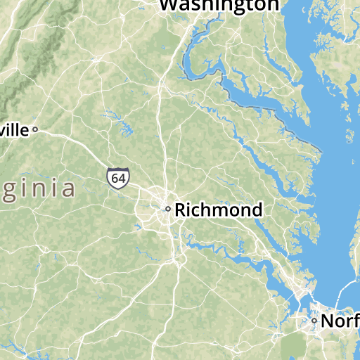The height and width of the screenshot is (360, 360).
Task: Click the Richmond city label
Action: tap(218, 210)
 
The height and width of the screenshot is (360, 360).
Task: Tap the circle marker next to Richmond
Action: tap(167, 209)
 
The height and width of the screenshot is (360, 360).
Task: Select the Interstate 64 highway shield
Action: tap(118, 179)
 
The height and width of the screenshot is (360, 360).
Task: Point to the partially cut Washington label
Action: tap(219, 5)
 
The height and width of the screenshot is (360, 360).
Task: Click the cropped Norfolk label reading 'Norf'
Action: tap(340, 321)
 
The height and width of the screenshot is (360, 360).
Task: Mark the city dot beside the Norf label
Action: tap(314, 321)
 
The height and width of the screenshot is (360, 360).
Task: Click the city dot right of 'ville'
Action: tap(34, 129)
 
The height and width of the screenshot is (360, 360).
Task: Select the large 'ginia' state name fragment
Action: tap(38, 189)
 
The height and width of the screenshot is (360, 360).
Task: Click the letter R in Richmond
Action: tap(181, 210)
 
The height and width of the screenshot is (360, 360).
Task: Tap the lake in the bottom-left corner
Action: tap(10, 347)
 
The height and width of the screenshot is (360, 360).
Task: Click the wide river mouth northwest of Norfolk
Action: tap(281, 281)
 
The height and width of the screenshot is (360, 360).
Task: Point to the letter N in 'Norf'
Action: tap(327, 321)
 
